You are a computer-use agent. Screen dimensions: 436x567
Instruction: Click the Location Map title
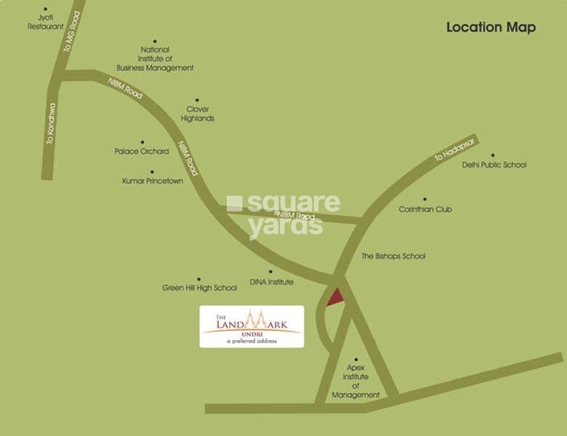[491, 28]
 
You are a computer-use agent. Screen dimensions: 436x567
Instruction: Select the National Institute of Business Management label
[155, 59]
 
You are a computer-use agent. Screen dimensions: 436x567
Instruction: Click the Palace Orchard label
[142, 151]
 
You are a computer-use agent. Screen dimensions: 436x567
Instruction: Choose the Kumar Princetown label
[153, 181]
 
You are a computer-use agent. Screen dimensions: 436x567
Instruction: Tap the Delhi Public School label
[494, 165]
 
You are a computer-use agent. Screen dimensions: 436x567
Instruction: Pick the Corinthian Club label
[425, 209]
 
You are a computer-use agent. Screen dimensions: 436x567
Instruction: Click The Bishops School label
[393, 257]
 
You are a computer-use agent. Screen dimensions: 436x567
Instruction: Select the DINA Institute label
[271, 282]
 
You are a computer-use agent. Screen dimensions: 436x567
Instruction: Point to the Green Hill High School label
[199, 288]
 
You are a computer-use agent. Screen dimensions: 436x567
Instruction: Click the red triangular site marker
[334, 297]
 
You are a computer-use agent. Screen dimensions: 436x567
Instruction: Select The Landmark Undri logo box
[252, 326]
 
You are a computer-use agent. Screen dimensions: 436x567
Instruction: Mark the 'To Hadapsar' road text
[454, 149]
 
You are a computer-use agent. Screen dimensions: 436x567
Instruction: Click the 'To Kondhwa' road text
[51, 123]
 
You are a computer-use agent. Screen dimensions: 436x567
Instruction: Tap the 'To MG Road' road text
[71, 31]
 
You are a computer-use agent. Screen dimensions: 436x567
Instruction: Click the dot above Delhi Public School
[492, 155]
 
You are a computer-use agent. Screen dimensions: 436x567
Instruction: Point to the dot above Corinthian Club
[425, 199]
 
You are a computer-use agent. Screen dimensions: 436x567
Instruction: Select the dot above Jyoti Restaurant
[45, 9]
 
